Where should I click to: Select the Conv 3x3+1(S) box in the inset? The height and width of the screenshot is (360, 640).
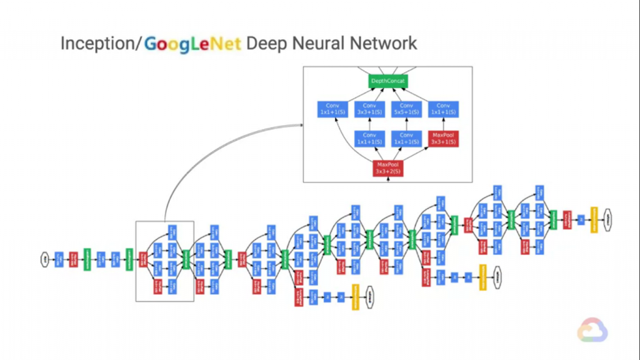(369, 109)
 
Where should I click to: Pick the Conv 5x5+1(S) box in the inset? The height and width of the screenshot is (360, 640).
(406, 109)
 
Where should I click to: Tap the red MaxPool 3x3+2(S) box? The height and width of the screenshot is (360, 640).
(388, 167)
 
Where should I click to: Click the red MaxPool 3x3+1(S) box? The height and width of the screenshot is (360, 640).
(443, 139)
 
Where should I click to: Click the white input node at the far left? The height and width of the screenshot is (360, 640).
(45, 259)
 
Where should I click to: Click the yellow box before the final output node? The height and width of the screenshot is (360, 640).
(594, 219)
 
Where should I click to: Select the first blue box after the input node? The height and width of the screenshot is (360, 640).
(59, 259)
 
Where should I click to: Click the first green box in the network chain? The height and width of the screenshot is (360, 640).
(87, 259)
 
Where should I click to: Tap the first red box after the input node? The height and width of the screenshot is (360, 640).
(73, 259)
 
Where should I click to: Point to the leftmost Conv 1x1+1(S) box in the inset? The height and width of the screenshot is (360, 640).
(332, 109)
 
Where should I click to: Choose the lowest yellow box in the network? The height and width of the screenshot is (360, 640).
(355, 297)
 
